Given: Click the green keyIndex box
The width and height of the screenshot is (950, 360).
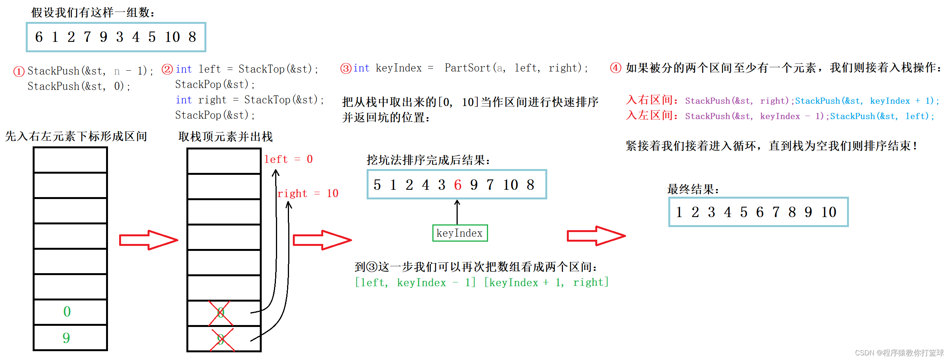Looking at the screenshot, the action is click(x=460, y=233).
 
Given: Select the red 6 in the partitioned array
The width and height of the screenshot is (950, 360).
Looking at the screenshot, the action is click(x=457, y=185).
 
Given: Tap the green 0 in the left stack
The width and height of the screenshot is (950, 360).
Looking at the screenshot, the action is click(x=67, y=312).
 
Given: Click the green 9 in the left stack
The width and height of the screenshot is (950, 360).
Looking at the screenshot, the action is click(x=66, y=338).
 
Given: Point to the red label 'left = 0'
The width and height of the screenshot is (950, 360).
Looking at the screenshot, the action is click(x=288, y=159).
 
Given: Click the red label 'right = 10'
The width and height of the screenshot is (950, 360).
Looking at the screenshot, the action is click(x=307, y=193).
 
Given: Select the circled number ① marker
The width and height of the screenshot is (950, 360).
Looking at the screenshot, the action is click(x=19, y=71).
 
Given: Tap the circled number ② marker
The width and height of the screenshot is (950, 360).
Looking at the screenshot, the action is click(x=167, y=69).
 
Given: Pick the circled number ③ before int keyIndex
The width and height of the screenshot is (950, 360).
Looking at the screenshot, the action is click(x=346, y=68).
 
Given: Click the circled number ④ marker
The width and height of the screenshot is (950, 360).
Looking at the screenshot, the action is click(x=616, y=68).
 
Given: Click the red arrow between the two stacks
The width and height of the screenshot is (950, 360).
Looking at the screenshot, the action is click(x=148, y=240).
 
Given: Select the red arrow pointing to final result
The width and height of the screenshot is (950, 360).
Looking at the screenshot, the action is click(x=596, y=236).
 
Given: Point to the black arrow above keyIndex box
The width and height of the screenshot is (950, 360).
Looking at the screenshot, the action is click(x=457, y=211).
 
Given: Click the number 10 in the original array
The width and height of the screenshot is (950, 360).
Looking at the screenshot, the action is click(x=172, y=37).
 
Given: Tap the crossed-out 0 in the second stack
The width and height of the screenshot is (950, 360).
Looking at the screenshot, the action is click(x=221, y=313).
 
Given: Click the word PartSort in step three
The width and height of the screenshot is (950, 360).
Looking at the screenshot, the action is click(x=467, y=68).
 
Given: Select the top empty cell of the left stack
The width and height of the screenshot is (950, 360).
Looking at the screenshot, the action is click(x=70, y=160).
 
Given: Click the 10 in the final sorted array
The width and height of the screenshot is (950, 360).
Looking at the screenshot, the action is click(x=829, y=212).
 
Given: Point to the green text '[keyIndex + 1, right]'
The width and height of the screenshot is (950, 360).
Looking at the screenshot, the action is click(x=546, y=283).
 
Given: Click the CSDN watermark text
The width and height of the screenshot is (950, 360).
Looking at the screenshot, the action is click(x=899, y=353).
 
